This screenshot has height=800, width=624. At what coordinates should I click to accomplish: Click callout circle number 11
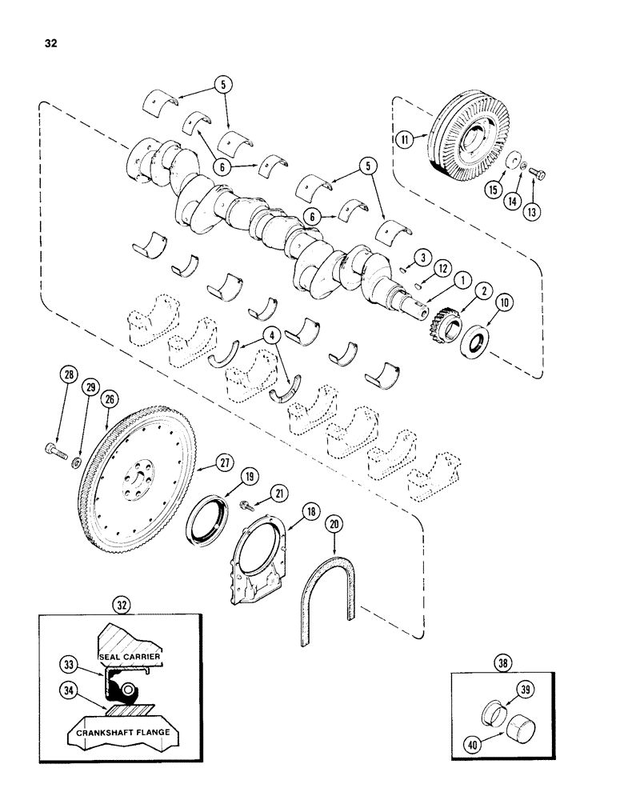click(404, 138)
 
